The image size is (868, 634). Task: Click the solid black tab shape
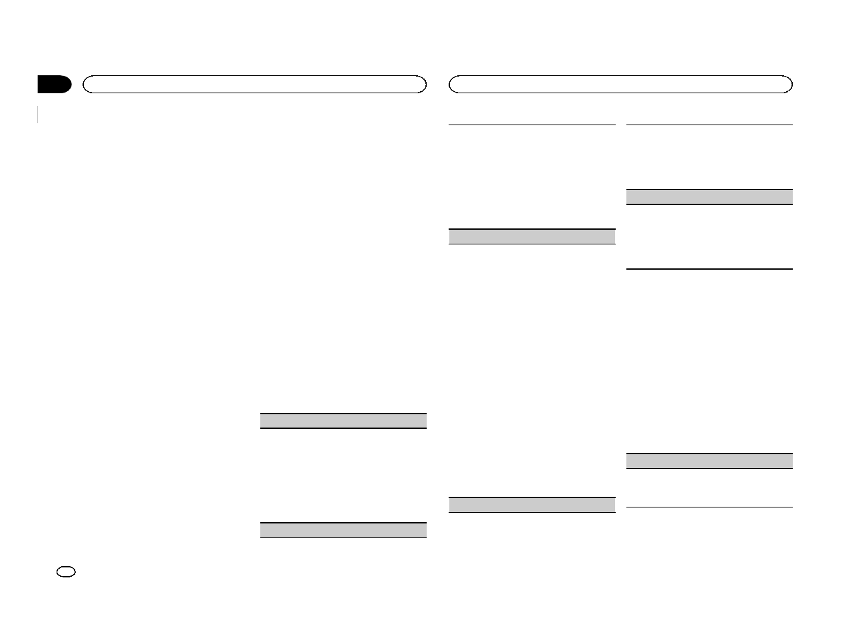(53, 85)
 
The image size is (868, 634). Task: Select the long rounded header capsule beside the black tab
(254, 84)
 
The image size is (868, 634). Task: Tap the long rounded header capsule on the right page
(620, 84)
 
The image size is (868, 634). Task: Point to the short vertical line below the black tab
(39, 114)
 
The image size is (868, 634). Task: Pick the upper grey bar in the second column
(343, 420)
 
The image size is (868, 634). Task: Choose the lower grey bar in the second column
(343, 530)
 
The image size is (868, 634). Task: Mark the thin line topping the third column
(531, 125)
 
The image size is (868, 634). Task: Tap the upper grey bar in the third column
(531, 236)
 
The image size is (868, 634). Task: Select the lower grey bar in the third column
(531, 505)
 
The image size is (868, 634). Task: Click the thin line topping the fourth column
(710, 125)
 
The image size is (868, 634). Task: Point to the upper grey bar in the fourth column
(710, 196)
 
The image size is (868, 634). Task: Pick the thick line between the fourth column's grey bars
(710, 269)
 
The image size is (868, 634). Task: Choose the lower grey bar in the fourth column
(710, 461)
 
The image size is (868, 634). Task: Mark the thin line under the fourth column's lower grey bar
(710, 507)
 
